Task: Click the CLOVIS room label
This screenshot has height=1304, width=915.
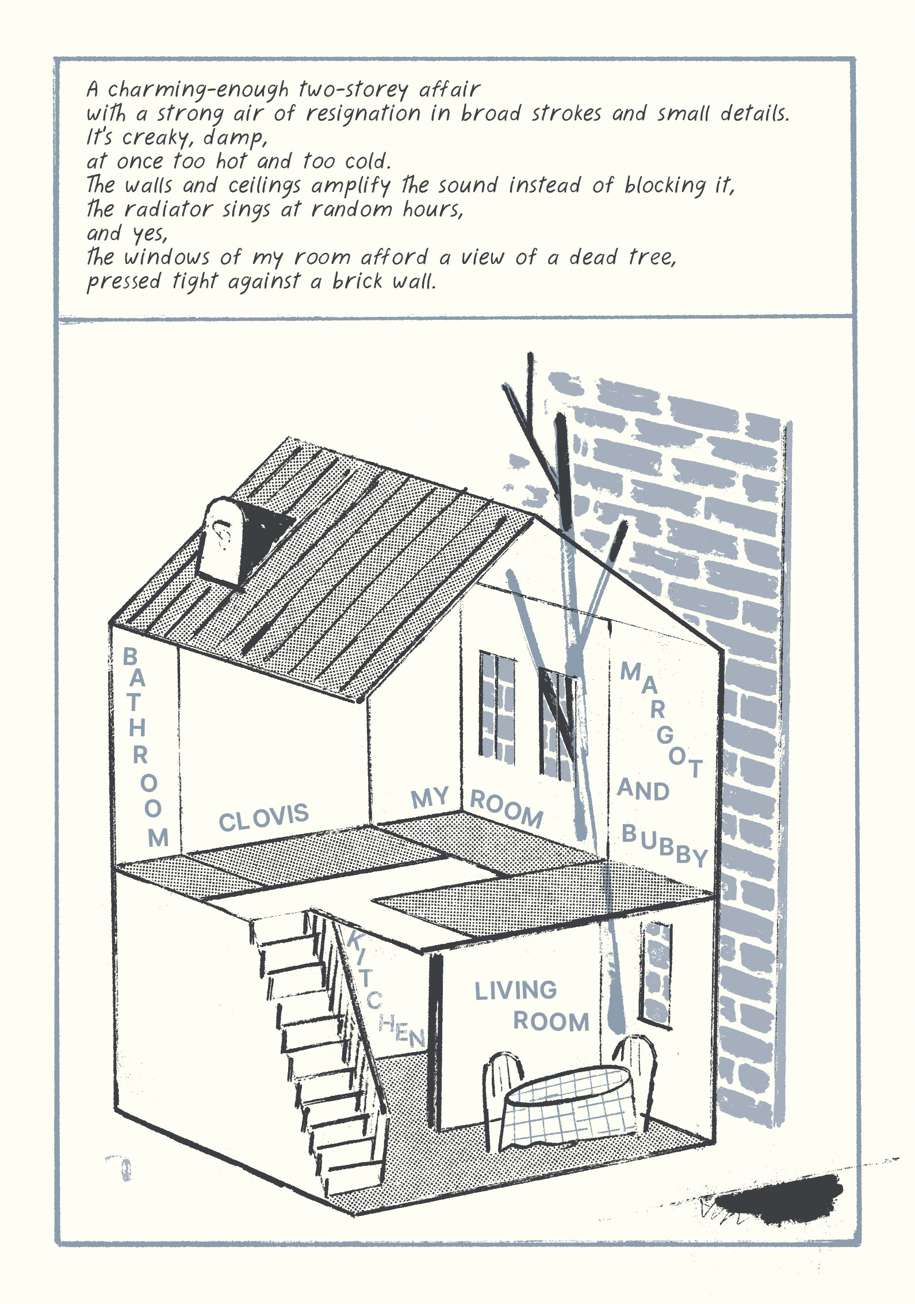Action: [x=263, y=817]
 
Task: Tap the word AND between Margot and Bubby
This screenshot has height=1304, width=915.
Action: [x=643, y=790]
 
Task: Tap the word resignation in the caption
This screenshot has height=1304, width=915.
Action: [x=362, y=114]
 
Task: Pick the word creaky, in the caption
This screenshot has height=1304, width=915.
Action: [x=155, y=138]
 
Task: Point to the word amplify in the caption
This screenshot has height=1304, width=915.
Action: [x=350, y=186]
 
